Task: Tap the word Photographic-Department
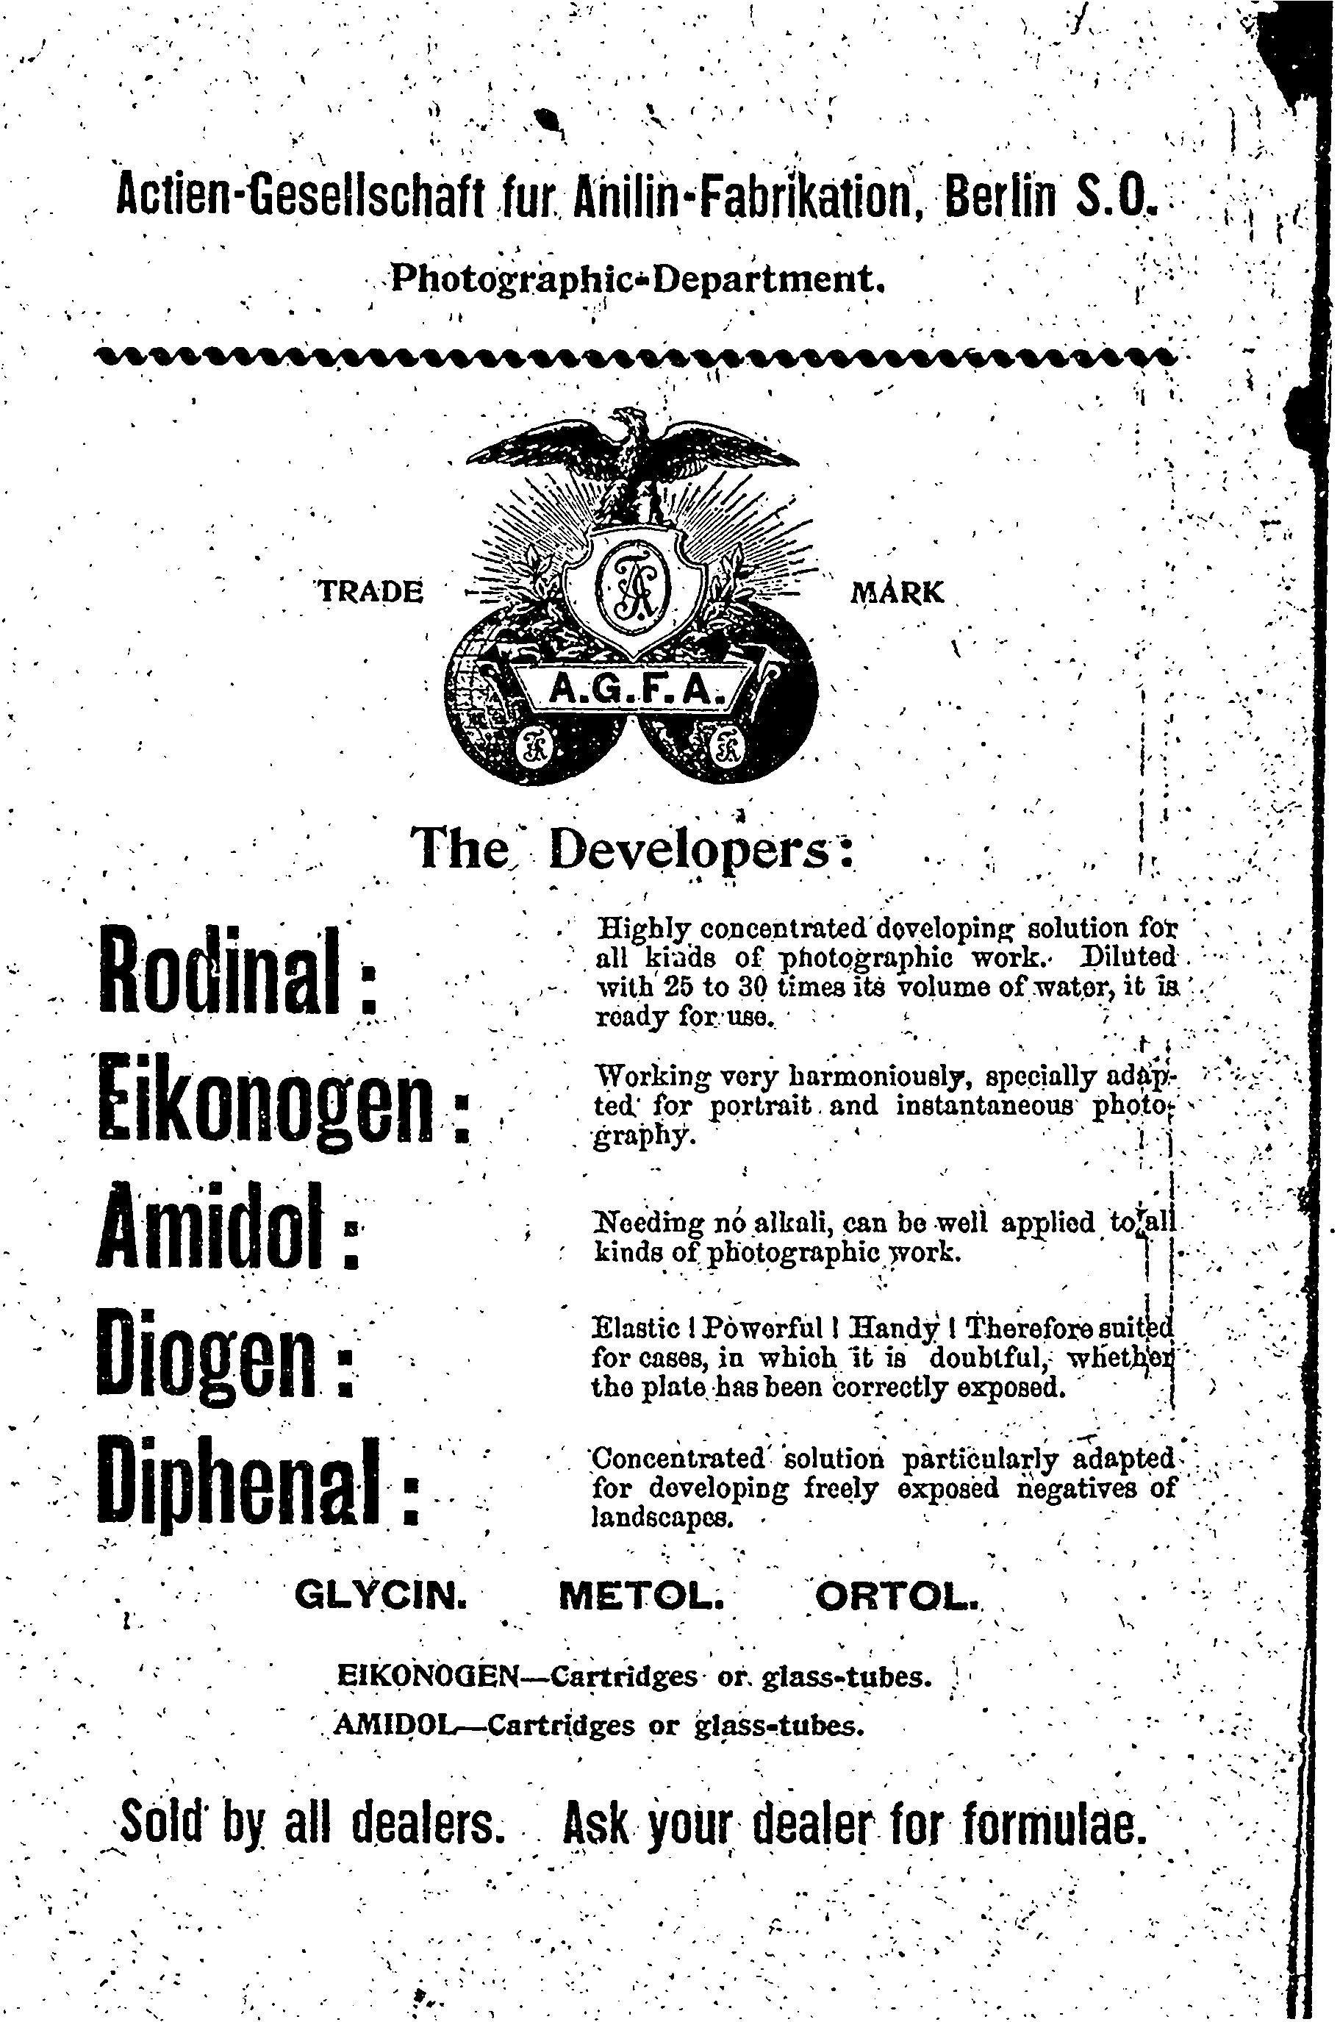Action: click(x=637, y=279)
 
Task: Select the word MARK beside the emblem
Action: click(x=897, y=591)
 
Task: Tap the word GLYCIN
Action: click(x=380, y=1595)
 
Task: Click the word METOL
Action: click(x=642, y=1595)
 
